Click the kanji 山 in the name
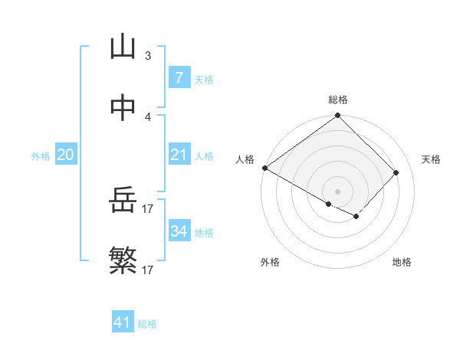click(123, 47)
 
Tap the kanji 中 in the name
click(123, 108)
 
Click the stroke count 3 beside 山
click(148, 56)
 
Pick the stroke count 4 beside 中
click(148, 116)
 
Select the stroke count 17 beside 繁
click(148, 270)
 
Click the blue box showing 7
click(179, 78)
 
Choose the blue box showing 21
click(179, 155)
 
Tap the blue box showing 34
click(179, 231)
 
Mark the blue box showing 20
click(65, 155)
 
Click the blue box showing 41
click(123, 322)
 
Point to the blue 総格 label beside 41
click(147, 324)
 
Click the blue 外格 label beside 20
click(41, 156)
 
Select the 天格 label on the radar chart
click(431, 159)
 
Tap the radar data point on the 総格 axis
click(337, 116)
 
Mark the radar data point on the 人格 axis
click(264, 168)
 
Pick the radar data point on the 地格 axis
click(356, 218)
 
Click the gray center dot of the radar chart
click(337, 191)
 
